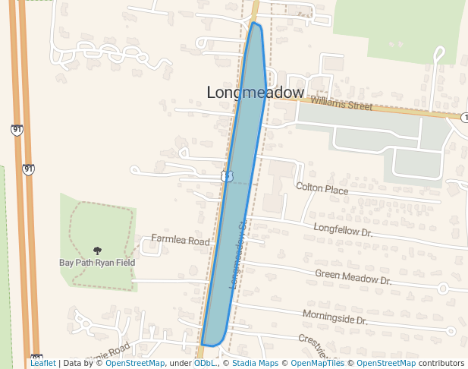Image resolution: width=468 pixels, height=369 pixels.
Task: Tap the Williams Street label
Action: [x=341, y=103]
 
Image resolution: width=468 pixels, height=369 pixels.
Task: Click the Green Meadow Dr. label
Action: [x=353, y=277]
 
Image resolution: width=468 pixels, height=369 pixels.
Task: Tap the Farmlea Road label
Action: [x=180, y=240]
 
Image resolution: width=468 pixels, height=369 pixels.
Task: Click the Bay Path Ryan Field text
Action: [x=97, y=263]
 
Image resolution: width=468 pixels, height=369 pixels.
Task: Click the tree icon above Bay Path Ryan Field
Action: [x=97, y=251]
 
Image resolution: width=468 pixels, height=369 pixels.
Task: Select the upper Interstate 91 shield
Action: [x=17, y=130]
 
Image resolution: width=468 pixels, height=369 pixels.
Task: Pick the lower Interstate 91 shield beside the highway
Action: [x=28, y=169]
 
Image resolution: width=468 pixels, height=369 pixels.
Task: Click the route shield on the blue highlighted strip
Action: [x=227, y=176]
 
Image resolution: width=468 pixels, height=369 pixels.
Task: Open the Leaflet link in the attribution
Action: [x=43, y=364]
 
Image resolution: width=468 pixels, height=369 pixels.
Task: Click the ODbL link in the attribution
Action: [x=205, y=364]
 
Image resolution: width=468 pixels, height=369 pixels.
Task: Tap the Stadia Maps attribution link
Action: [x=252, y=364]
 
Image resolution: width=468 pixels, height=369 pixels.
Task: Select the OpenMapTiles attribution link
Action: [x=318, y=364]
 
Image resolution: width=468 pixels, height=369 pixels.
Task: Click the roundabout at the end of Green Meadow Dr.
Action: [x=443, y=288]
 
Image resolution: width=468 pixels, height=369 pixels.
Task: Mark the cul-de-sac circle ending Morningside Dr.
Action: [x=452, y=331]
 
